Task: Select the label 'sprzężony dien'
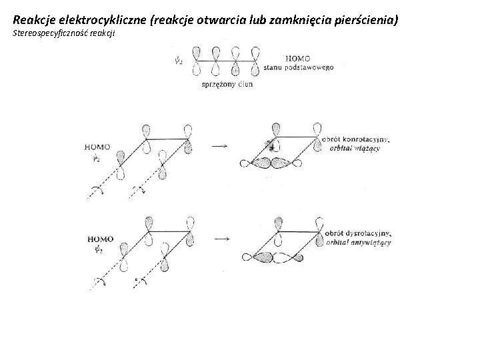point(226,85)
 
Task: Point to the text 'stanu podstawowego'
point(299,67)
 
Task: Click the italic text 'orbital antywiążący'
point(359,243)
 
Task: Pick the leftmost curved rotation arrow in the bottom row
point(98,283)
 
